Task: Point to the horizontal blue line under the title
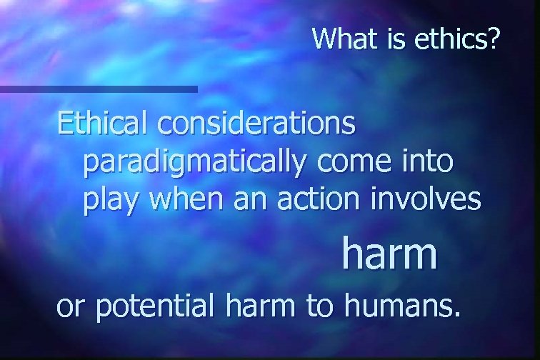click(99, 89)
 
